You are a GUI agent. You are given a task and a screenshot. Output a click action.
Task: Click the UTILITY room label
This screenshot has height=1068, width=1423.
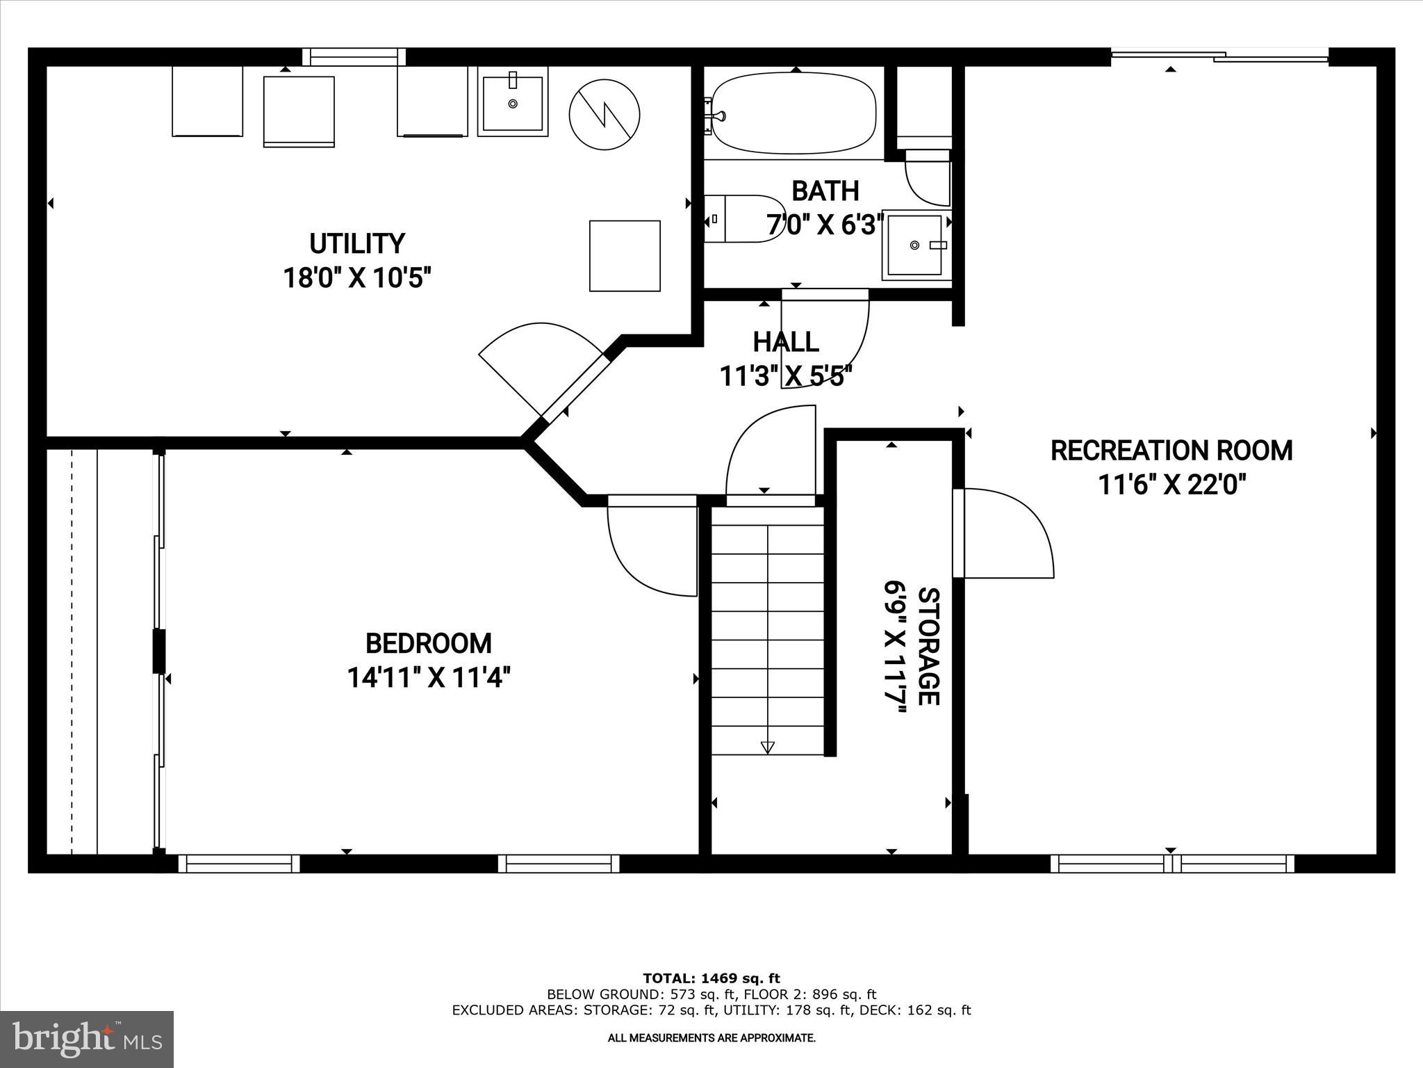[356, 244]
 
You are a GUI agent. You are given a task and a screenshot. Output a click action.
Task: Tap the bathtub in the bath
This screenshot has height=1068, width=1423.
[793, 113]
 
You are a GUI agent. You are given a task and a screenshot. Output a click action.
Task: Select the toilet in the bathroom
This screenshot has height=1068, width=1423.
[743, 219]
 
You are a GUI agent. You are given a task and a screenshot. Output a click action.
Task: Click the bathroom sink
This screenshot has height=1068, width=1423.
[915, 245]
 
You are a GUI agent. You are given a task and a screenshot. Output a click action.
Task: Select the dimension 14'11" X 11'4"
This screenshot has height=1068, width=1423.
[429, 677]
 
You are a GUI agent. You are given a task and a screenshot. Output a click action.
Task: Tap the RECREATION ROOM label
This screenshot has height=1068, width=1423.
[1171, 451]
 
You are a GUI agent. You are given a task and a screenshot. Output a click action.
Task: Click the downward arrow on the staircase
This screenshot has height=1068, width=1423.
[767, 747]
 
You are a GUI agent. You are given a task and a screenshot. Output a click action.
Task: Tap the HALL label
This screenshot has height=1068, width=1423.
[786, 342]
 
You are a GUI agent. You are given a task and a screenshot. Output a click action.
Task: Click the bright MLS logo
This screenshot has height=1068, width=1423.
[87, 1039]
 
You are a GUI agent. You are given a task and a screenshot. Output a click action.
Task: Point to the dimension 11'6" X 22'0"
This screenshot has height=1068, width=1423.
[1171, 485]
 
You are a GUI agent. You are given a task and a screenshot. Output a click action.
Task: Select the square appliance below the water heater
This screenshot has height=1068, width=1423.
[625, 256]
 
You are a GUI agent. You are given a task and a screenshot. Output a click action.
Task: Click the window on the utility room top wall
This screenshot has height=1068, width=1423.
[354, 57]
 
